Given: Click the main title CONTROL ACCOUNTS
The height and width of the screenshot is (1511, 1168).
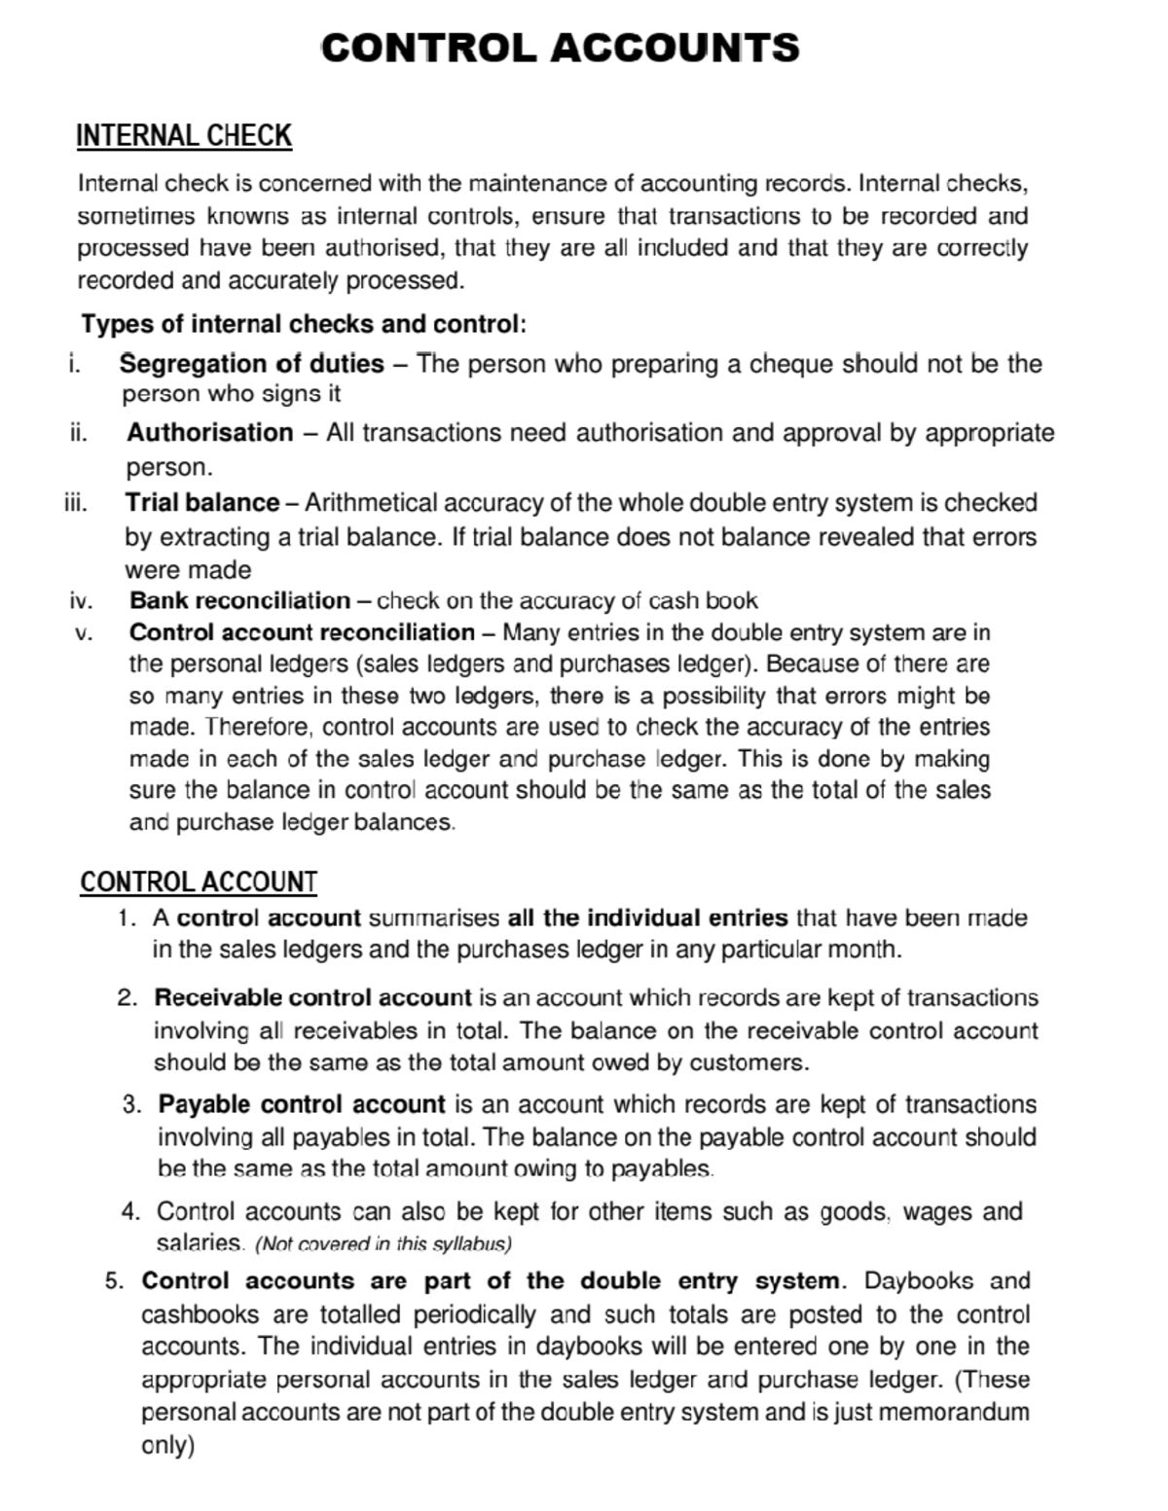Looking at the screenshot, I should (x=560, y=48).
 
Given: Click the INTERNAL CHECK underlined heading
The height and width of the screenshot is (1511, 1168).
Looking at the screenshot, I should (x=184, y=135).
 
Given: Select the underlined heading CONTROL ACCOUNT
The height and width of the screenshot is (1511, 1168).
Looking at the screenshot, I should (x=199, y=881).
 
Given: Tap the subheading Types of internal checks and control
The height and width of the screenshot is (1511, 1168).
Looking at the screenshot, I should (x=304, y=323).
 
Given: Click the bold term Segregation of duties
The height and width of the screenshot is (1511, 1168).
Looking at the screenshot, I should (x=252, y=364).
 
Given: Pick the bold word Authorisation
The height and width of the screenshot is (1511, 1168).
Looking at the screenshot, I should (x=210, y=432).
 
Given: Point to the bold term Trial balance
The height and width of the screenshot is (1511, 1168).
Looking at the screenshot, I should (x=202, y=503).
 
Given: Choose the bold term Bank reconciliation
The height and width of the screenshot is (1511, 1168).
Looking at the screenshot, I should (x=240, y=600).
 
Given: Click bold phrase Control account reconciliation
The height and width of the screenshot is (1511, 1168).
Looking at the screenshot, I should (x=302, y=632).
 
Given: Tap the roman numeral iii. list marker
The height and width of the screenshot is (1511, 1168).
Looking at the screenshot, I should (x=75, y=503).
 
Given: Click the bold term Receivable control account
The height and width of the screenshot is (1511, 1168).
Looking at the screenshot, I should (x=312, y=998).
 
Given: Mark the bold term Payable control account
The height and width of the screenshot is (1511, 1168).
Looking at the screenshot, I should (x=302, y=1104).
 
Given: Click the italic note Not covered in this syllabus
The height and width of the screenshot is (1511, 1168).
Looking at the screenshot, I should (x=383, y=1243).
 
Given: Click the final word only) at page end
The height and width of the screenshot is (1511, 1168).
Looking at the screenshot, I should (x=168, y=1445).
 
